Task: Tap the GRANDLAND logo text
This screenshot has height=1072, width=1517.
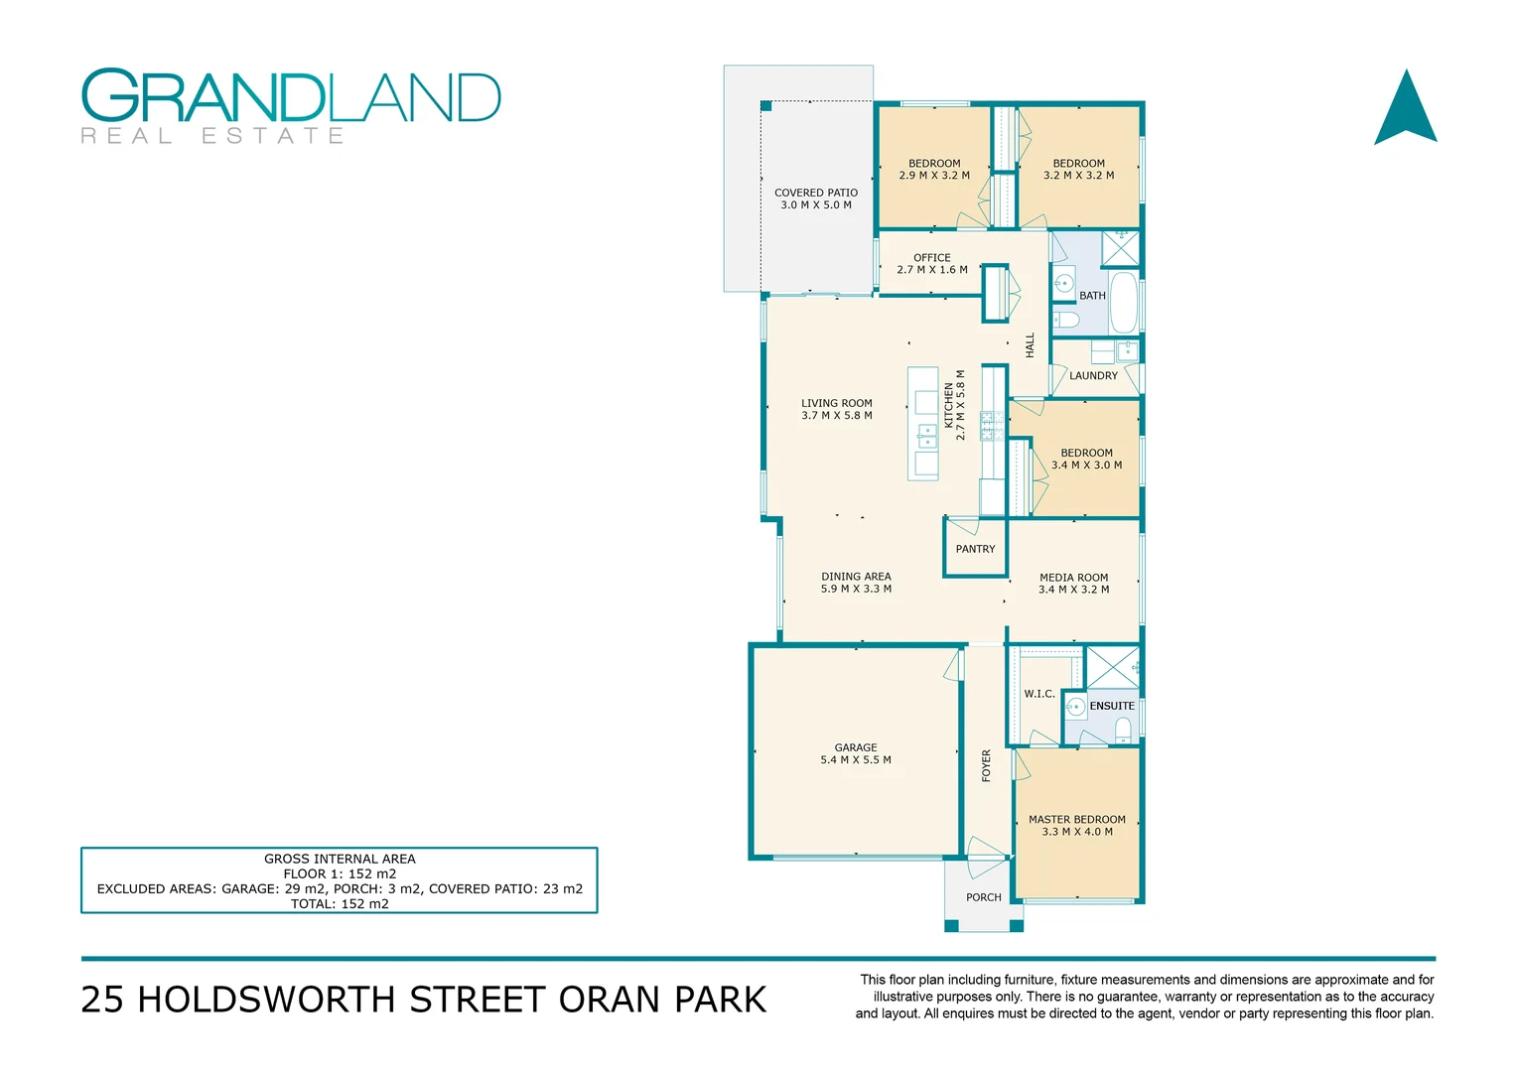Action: tap(291, 96)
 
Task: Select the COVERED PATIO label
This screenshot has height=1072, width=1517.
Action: tap(815, 193)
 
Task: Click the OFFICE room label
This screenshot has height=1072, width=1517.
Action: tap(931, 257)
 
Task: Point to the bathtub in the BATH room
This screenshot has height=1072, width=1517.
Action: tap(1123, 302)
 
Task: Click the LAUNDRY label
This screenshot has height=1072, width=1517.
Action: tap(1093, 376)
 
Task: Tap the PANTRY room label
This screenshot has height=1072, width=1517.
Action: tap(975, 549)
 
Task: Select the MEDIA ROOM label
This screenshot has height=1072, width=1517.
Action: tap(1073, 577)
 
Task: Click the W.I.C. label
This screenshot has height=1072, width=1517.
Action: tap(1038, 694)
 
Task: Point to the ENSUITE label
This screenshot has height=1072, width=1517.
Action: tap(1111, 706)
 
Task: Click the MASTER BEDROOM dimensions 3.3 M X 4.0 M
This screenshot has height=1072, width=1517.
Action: tap(1077, 832)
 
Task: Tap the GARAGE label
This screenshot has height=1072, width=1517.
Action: tap(855, 747)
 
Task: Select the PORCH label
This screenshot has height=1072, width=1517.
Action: tap(983, 897)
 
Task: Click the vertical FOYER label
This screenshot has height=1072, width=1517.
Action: tap(986, 765)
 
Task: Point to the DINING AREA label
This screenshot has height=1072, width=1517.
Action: tap(856, 576)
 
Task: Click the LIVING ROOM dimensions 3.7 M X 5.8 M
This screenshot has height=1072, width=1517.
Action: tap(836, 416)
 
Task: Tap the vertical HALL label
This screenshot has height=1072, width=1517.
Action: tap(1030, 344)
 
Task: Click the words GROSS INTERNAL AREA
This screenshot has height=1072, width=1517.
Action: tap(340, 859)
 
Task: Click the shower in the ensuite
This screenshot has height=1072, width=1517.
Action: tap(1112, 666)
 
